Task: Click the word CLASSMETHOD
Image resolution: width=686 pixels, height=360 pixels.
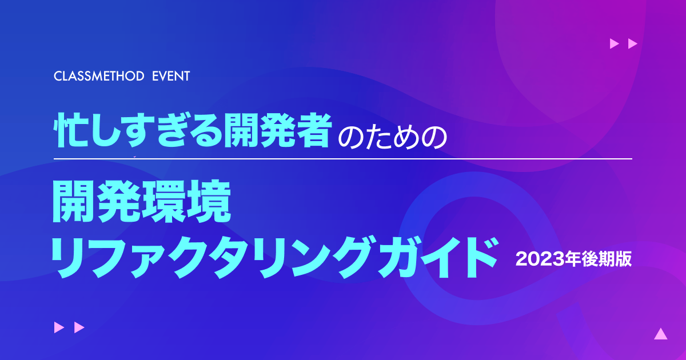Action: [99, 76]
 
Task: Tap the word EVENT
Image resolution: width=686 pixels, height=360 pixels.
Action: [171, 76]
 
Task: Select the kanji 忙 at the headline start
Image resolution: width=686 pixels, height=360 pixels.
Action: [71, 130]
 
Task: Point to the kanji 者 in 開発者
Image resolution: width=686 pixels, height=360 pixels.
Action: [314, 130]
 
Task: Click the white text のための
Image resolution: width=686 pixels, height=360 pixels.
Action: [392, 138]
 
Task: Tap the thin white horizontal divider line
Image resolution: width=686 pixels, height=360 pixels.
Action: [343, 159]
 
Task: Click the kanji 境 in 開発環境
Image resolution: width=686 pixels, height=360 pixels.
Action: [209, 201]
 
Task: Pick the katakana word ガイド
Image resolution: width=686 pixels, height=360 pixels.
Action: [437, 258]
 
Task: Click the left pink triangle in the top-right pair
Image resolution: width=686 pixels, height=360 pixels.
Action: [615, 43]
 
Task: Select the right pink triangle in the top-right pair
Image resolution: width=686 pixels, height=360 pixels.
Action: [633, 43]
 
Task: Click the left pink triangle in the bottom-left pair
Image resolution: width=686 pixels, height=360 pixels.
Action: [59, 327]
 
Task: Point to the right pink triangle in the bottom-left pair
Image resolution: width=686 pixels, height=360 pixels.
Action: [79, 327]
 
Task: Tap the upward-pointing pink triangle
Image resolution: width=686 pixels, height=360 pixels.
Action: [661, 334]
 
